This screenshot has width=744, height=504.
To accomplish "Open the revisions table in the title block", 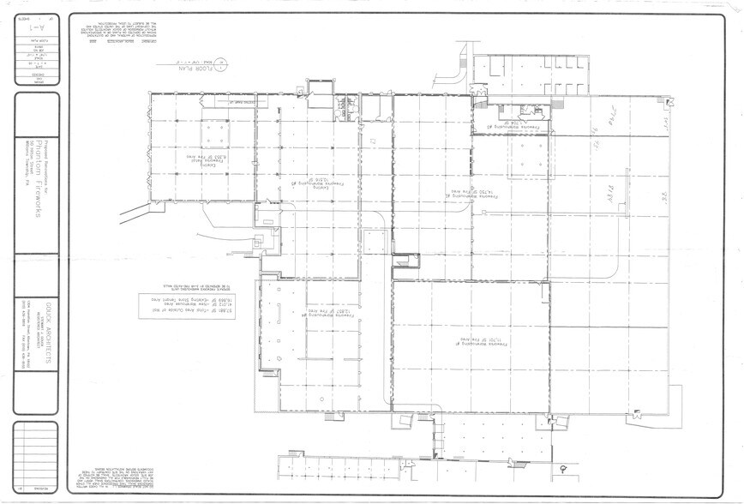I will click(x=37, y=459).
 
